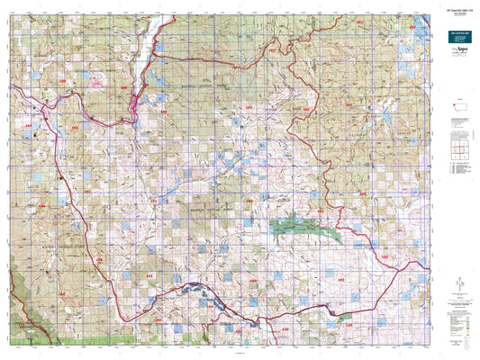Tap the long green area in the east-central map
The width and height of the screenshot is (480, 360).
[x=305, y=229]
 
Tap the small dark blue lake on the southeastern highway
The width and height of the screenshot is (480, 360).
[x=335, y=310]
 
